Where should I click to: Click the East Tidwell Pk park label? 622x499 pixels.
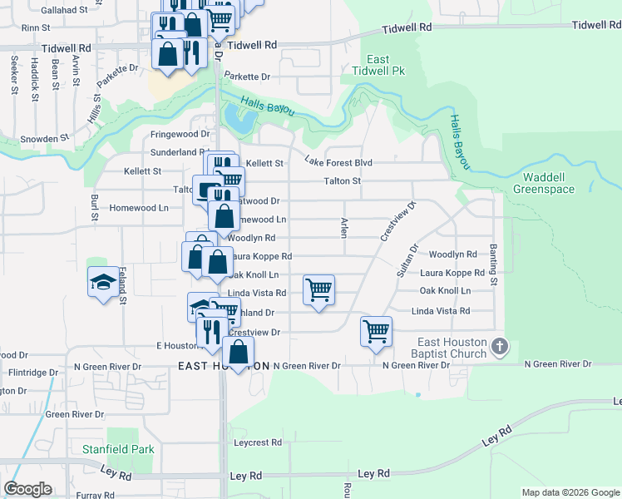pos(378,66)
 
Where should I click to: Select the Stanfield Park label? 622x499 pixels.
pos(118,449)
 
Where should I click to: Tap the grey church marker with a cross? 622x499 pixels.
pos(499,345)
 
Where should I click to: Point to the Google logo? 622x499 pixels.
pos(27,489)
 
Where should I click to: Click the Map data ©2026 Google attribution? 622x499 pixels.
pos(570,492)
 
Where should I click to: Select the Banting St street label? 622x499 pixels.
pos(493,265)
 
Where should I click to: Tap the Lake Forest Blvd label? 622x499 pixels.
pos(338,161)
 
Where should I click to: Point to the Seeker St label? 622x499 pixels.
pos(15,76)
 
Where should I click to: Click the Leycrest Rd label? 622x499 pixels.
pos(258,442)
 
